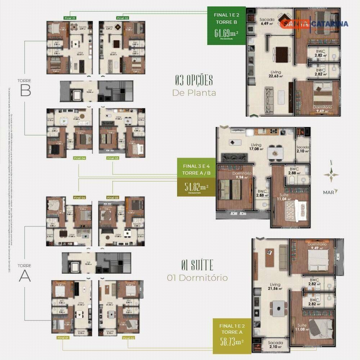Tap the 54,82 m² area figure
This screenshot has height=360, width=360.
[x=196, y=187]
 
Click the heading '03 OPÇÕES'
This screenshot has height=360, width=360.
[x=194, y=80]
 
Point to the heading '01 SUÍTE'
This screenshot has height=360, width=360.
[x=197, y=266]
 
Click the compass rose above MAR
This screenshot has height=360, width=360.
[x=331, y=175]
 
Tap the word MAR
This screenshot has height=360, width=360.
[x=328, y=193]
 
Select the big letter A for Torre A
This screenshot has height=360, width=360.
[x=25, y=276]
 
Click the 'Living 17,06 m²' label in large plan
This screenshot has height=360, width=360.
[x=256, y=147]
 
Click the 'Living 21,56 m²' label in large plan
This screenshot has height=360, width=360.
[x=275, y=286]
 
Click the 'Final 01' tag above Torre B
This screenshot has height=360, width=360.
[x=69, y=18]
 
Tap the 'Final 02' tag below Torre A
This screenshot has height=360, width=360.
[x=128, y=338]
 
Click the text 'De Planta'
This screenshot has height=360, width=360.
[x=194, y=93]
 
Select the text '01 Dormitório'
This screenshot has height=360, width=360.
[x=197, y=278]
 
